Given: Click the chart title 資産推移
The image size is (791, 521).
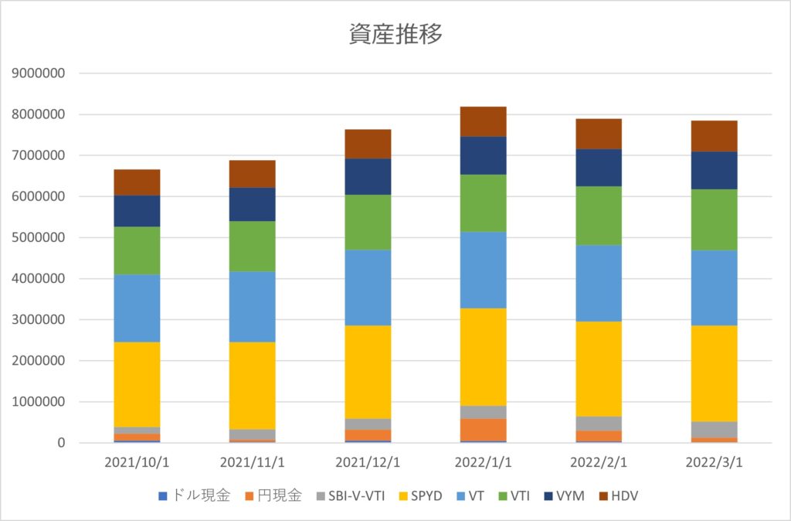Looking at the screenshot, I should coord(395,35).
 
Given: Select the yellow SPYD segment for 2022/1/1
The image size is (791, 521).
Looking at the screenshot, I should coord(484,357).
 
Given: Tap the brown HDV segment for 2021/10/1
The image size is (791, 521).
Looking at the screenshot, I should coord(137,182).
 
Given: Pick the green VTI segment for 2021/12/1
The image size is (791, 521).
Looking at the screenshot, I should coord(368,223).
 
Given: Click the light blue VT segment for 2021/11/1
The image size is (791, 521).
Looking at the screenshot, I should coord(253,307).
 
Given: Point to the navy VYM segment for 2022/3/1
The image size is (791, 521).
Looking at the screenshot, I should coord(714,171).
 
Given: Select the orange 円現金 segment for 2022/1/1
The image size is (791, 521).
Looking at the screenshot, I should coord(484,430).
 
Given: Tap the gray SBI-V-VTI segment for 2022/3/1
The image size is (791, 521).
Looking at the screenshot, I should coord(714,430).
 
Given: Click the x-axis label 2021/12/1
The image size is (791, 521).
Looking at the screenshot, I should coord(368,462).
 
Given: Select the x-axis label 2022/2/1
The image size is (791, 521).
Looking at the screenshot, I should coord(599,462).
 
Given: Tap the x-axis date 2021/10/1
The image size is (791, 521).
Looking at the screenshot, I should coord(137,462).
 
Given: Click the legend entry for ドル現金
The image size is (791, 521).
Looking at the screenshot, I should coord(198,496).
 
